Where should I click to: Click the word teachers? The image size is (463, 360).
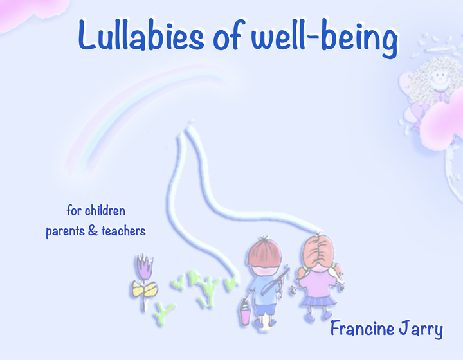point(123,231)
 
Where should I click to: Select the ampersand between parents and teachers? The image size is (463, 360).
point(91,231)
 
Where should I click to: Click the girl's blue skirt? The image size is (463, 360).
point(315,299)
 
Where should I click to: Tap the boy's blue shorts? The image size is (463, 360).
point(264,305)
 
